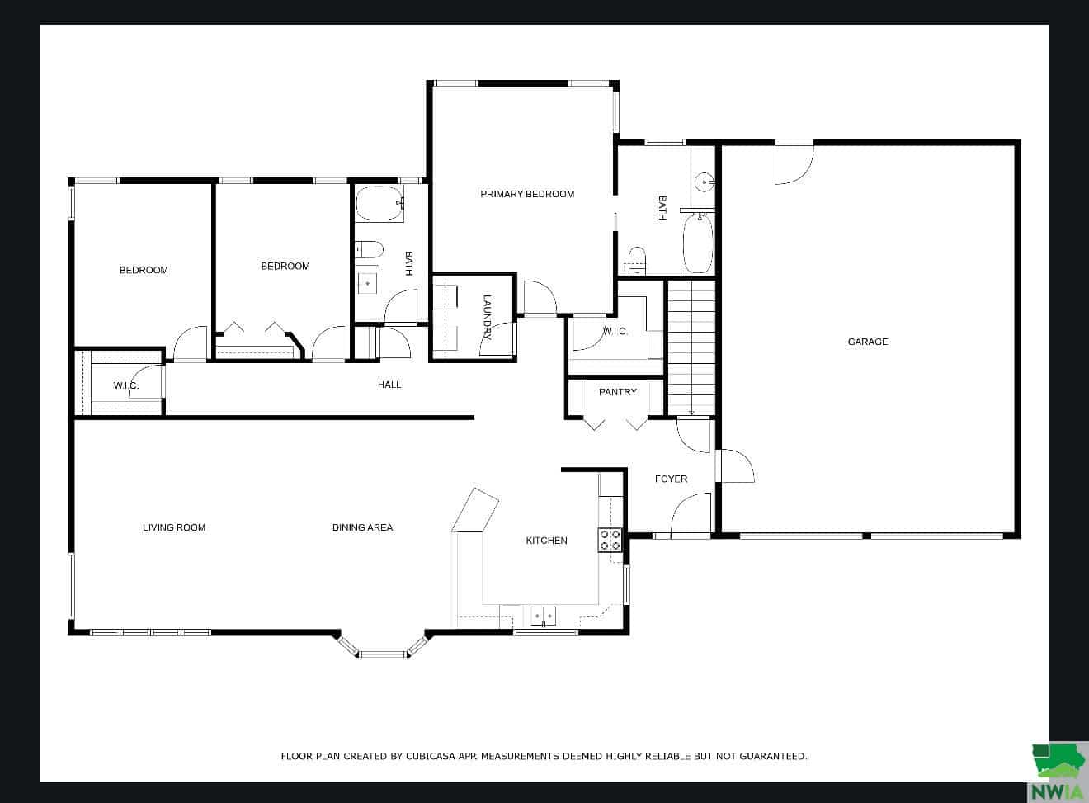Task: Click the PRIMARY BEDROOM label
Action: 527,194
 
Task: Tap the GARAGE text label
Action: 868,342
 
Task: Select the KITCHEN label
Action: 546,541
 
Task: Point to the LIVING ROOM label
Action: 174,527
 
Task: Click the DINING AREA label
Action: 363,527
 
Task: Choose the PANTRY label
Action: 617,392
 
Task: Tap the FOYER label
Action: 671,479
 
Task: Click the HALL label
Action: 389,385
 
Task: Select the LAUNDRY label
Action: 487,317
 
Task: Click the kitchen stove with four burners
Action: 610,540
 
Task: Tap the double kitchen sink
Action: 544,616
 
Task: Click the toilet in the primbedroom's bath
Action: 637,261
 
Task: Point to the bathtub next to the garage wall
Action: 698,243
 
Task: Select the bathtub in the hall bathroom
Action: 380,203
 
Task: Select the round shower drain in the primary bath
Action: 705,182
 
